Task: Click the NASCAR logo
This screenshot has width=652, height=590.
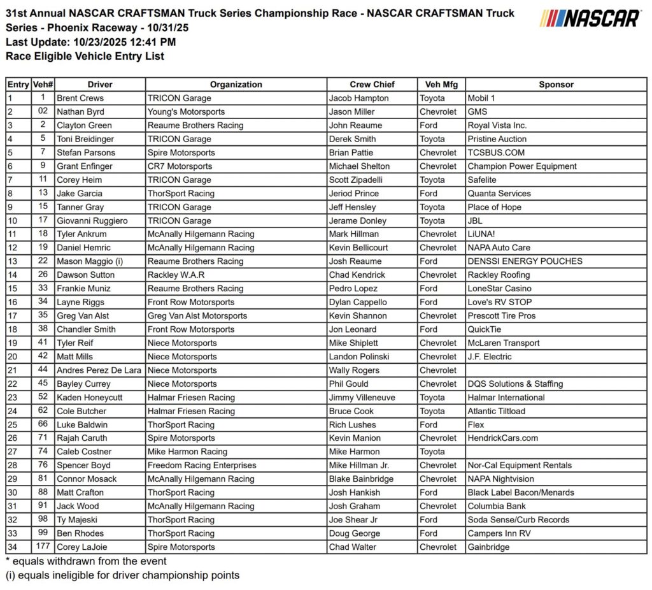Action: pyautogui.click(x=590, y=18)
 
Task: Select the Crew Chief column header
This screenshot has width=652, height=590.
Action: pyautogui.click(x=372, y=84)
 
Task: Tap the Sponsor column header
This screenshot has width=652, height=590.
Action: pyautogui.click(x=556, y=84)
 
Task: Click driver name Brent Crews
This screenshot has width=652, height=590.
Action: pyautogui.click(x=80, y=98)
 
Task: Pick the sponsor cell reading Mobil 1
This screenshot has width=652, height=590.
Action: pyautogui.click(x=485, y=98)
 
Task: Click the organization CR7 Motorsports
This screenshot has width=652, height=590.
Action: pyautogui.click(x=180, y=166)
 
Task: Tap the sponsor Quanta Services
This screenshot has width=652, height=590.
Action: pyautogui.click(x=499, y=193)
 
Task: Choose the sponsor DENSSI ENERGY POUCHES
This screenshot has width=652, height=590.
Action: pyautogui.click(x=525, y=261)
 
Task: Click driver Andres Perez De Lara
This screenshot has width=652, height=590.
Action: pyautogui.click(x=99, y=370)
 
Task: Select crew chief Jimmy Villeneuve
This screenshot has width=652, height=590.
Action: pyautogui.click(x=362, y=398)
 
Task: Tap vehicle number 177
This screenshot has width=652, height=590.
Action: pyautogui.click(x=43, y=547)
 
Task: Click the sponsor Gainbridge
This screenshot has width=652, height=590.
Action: pyautogui.click(x=488, y=547)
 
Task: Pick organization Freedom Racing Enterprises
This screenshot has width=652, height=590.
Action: pyautogui.click(x=202, y=465)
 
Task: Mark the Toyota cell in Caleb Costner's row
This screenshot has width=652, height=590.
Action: pyautogui.click(x=432, y=452)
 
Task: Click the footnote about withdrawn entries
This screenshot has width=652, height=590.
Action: pyautogui.click(x=86, y=561)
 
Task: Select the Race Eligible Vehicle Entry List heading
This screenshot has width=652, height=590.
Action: pyautogui.click(x=85, y=56)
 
